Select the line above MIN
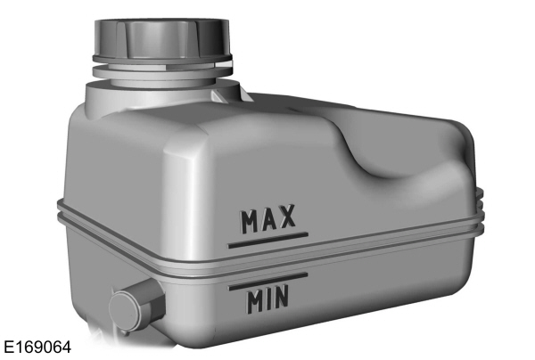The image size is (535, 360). pos(267,281)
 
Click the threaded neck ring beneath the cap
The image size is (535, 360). pos(160,65)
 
